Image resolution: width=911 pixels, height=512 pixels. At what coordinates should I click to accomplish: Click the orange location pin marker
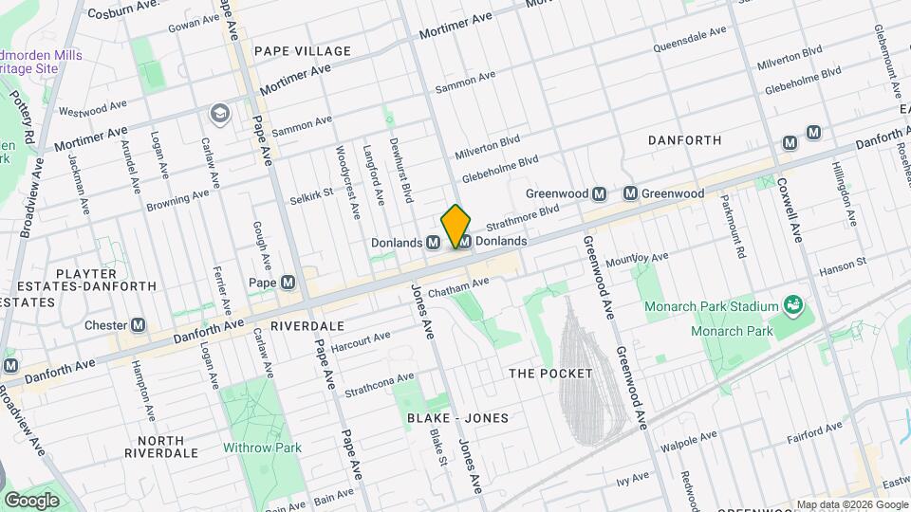(455, 226)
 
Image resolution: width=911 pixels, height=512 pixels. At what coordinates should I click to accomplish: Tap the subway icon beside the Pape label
(287, 283)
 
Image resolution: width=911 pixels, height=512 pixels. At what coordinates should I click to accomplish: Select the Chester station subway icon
(139, 325)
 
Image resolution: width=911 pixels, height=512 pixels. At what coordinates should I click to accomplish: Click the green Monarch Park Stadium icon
(793, 305)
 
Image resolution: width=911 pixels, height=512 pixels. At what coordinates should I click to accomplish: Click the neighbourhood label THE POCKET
(550, 374)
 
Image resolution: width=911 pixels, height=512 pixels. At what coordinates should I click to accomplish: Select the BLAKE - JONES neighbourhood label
(458, 418)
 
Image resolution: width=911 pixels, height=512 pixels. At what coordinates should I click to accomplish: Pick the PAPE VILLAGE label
(302, 51)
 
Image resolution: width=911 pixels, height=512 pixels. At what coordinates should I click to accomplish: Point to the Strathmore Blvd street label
(523, 219)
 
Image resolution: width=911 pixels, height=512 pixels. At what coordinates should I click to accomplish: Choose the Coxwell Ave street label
(789, 210)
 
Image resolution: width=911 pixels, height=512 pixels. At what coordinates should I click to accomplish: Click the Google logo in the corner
(31, 500)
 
